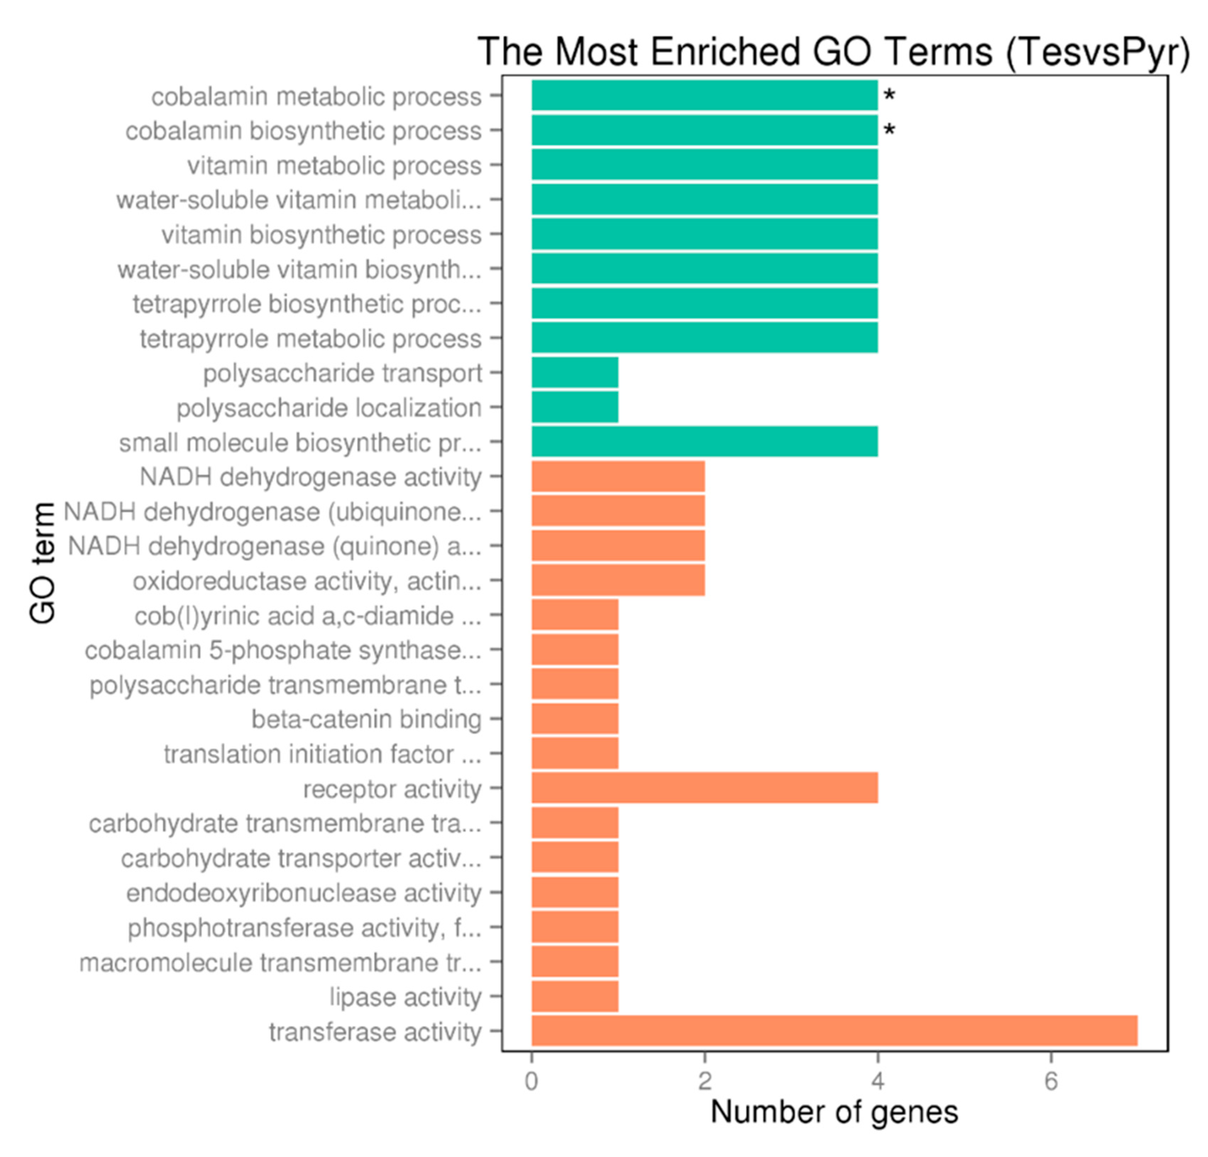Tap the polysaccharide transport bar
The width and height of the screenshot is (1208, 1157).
coord(574,372)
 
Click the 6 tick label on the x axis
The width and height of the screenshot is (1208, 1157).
coord(1051,1081)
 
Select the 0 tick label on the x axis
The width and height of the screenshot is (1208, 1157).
coord(531,1081)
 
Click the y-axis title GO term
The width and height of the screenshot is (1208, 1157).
coord(43,563)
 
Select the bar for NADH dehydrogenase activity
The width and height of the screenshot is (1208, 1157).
coord(618,476)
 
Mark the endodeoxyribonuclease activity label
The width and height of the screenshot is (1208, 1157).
coord(303,893)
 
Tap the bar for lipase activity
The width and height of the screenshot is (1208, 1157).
coord(574,996)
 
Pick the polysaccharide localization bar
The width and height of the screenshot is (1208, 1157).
coord(574,407)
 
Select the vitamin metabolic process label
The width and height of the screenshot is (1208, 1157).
coord(334,165)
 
